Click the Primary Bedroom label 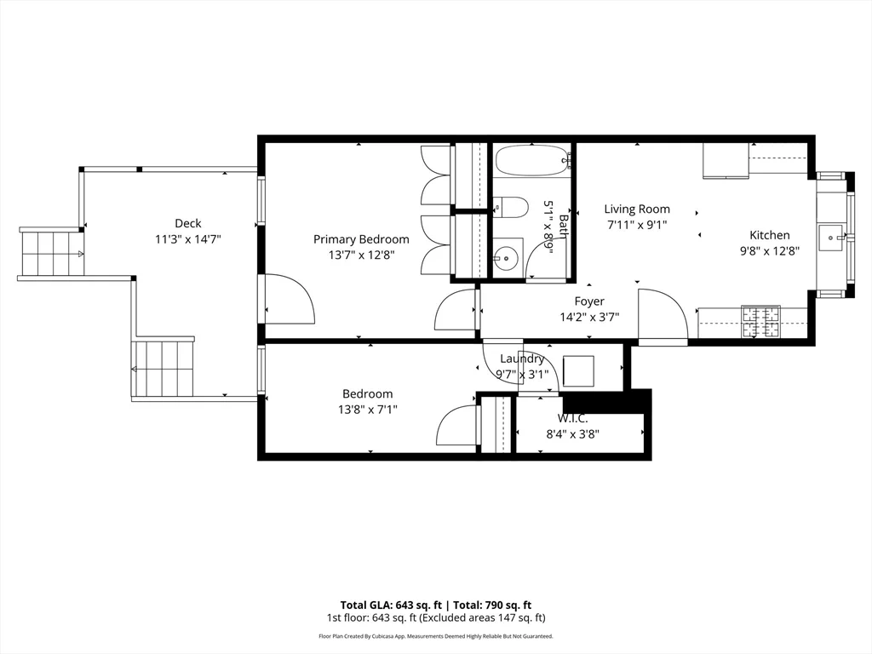[x=361, y=239]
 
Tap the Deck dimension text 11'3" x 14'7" [x=187, y=239]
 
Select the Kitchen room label [x=769, y=235]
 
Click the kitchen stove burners [x=760, y=322]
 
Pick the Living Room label [x=637, y=209]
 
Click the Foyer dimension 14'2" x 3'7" [x=589, y=317]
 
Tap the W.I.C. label [x=572, y=418]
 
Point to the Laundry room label [x=521, y=359]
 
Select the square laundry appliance [x=580, y=370]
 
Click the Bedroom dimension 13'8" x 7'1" [x=368, y=409]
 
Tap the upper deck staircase [x=52, y=253]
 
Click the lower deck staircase [x=163, y=368]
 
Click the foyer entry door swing [x=662, y=314]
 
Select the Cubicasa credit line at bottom [x=435, y=636]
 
